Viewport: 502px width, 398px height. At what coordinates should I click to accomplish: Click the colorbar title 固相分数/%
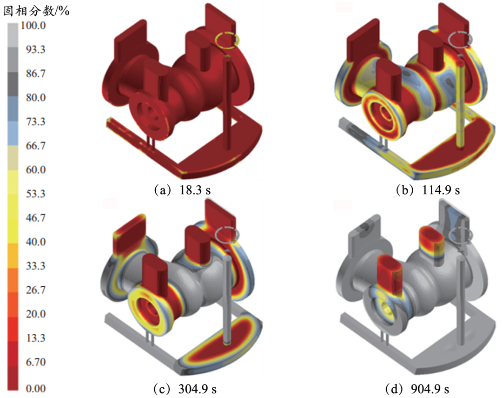pyautogui.click(x=36, y=11)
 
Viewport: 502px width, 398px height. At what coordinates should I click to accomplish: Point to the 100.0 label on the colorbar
pyautogui.click(x=33, y=25)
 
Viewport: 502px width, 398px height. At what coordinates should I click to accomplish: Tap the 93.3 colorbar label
pyautogui.click(x=35, y=49)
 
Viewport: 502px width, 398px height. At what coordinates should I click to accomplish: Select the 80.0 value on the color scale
pyautogui.click(x=35, y=97)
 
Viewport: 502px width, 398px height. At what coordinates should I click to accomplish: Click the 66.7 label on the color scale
pyautogui.click(x=35, y=146)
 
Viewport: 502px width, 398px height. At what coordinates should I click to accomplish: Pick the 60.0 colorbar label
pyautogui.click(x=35, y=169)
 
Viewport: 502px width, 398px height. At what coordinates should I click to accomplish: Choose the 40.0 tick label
pyautogui.click(x=35, y=242)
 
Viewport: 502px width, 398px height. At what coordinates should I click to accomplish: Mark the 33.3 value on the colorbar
pyautogui.click(x=35, y=266)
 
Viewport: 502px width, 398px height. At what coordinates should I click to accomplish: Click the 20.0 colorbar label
pyautogui.click(x=35, y=314)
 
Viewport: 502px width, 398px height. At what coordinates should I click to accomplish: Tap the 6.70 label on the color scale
pyautogui.click(x=35, y=362)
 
